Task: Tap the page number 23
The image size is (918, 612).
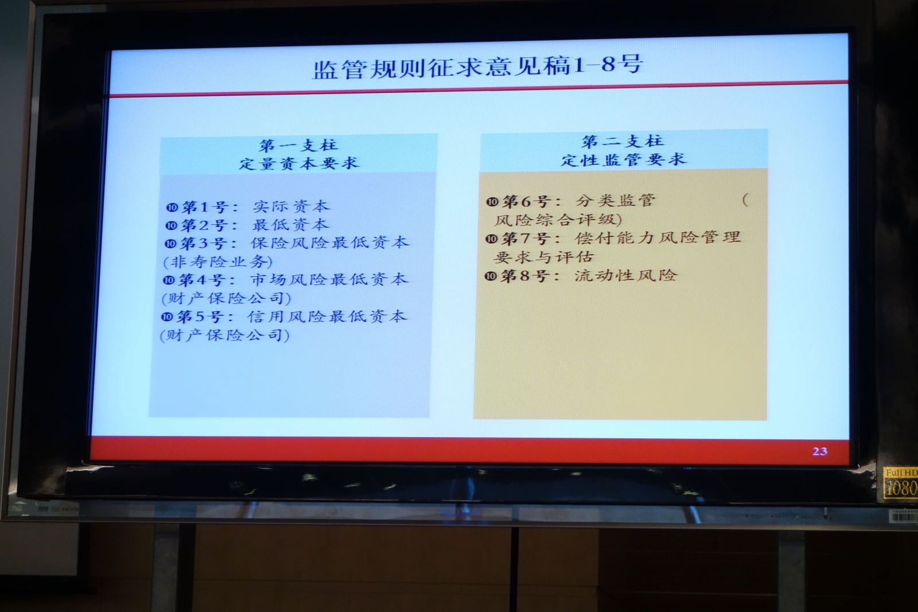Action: [x=820, y=451]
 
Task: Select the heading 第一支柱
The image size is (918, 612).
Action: [x=299, y=146]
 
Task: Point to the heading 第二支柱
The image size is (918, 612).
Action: [x=623, y=141]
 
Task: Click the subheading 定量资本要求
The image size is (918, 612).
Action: [x=299, y=163]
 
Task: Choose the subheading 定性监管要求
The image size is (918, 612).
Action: [x=623, y=159]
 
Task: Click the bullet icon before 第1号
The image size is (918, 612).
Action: [x=172, y=207]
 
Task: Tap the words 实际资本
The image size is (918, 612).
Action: [x=291, y=206]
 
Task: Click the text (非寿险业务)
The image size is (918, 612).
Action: [x=217, y=262]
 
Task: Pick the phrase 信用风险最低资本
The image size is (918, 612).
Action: [x=327, y=316]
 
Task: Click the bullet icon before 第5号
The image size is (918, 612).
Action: [x=166, y=317]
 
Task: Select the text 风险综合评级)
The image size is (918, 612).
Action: [x=558, y=220]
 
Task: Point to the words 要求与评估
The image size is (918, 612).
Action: [x=543, y=257]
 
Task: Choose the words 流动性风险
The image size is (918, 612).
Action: [x=625, y=275]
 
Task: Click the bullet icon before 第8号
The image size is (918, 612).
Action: [x=490, y=276]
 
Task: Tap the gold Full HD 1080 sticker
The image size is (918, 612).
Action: [x=900, y=484]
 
